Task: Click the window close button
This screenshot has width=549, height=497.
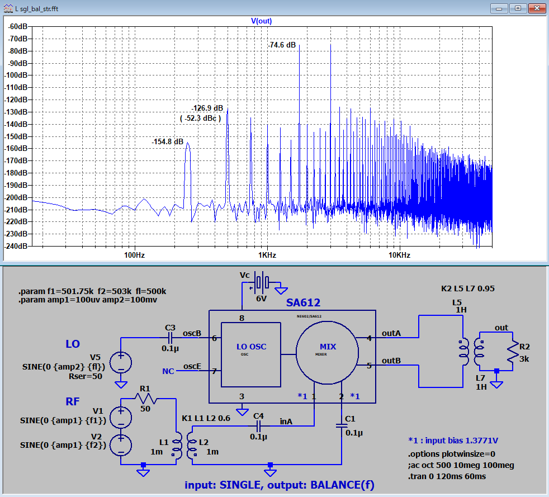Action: pyautogui.click(x=536, y=8)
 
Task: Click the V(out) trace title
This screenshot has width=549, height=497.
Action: pyautogui.click(x=261, y=21)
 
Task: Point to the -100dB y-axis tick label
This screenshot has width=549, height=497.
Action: pyautogui.click(x=16, y=75)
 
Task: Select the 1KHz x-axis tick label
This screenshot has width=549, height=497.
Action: pyautogui.click(x=267, y=255)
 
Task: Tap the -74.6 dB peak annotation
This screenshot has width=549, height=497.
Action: pyautogui.click(x=282, y=45)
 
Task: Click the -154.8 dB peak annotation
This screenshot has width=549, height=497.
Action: pyautogui.click(x=167, y=142)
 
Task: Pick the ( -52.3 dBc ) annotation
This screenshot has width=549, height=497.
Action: pyautogui.click(x=200, y=119)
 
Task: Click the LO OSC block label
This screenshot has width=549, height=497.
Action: pyautogui.click(x=252, y=347)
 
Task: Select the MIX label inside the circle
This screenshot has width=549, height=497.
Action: pyautogui.click(x=328, y=347)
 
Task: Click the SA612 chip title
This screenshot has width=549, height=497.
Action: pyautogui.click(x=303, y=303)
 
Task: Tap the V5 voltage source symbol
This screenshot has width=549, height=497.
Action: pyautogui.click(x=121, y=362)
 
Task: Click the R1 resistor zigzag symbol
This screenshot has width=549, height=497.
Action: pyautogui.click(x=146, y=398)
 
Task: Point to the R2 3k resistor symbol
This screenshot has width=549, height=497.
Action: pyautogui.click(x=513, y=352)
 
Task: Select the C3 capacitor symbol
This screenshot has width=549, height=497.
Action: pyautogui.click(x=170, y=338)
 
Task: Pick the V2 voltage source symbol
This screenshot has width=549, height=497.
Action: pyautogui.click(x=121, y=445)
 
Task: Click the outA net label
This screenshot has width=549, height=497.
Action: pyautogui.click(x=391, y=333)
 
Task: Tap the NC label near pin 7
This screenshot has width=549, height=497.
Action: pyautogui.click(x=168, y=371)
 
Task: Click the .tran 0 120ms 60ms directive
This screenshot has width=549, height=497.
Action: pyautogui.click(x=447, y=476)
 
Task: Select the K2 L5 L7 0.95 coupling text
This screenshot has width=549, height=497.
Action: pyautogui.click(x=468, y=288)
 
